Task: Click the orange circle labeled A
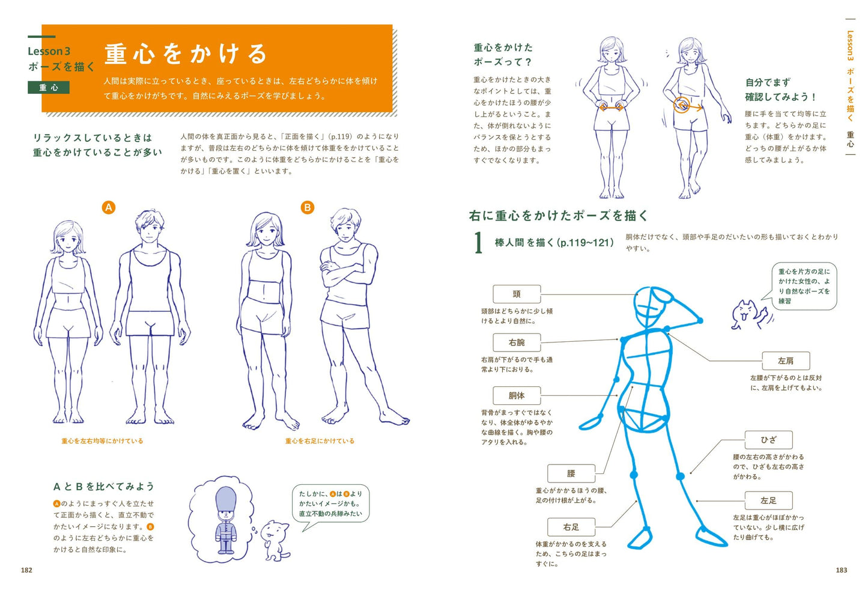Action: (109, 208)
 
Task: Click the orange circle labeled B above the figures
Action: (308, 208)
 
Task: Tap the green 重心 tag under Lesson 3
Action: (49, 88)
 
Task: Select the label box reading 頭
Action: (517, 294)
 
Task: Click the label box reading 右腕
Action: (517, 342)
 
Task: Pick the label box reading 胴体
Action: (517, 396)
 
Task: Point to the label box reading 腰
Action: (571, 473)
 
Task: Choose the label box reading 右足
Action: (571, 527)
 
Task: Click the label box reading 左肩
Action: (786, 361)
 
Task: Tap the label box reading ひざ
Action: (768, 440)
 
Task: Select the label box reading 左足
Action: (768, 500)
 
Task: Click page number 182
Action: (26, 570)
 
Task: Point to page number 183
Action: (841, 570)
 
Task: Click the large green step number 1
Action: (479, 243)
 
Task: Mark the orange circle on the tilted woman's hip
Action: (682, 105)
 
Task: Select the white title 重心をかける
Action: (186, 54)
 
